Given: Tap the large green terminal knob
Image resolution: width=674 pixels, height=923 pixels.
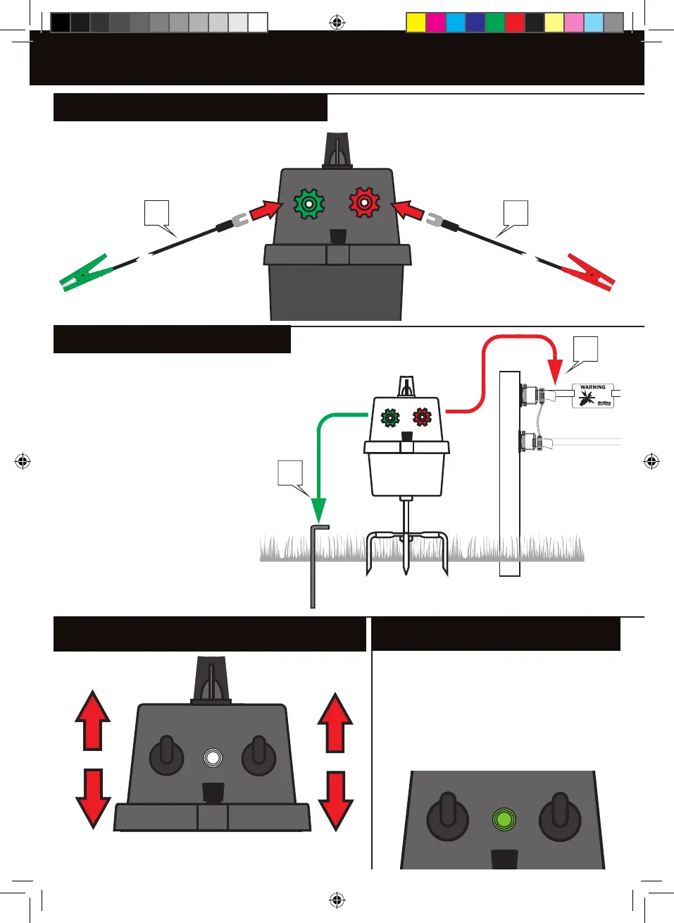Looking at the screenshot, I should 308,204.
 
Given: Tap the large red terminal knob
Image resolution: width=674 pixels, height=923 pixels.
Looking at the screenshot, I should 364,203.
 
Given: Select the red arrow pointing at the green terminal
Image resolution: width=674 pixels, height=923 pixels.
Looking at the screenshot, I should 266,209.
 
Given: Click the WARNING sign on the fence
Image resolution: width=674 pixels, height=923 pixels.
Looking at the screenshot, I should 593,396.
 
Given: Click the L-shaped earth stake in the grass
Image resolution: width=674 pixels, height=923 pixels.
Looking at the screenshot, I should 314,564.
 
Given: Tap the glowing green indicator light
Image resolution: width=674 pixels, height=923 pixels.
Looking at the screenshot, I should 504,819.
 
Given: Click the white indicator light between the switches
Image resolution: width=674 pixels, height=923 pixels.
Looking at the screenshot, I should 213,757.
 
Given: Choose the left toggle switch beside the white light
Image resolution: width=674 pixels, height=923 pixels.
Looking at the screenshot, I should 166,754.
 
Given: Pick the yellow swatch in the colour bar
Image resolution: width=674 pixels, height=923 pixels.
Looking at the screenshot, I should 416,23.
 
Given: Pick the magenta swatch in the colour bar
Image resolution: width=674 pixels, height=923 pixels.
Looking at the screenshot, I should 435,23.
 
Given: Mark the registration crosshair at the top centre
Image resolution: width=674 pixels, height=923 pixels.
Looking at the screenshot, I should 337,23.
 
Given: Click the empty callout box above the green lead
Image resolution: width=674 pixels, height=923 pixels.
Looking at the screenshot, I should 156,213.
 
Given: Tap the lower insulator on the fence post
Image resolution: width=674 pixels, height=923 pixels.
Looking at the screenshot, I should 530,443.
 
